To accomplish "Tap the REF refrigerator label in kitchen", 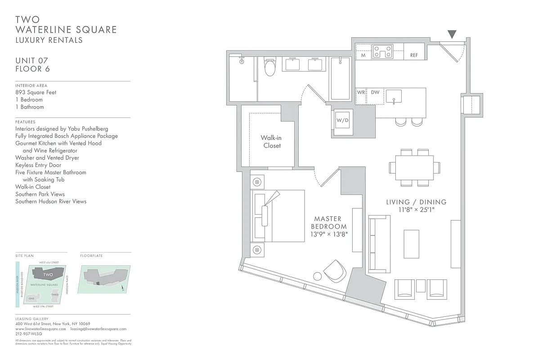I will pos(414,55).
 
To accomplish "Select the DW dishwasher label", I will pos(375,93).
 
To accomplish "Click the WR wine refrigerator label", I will pos(361,93).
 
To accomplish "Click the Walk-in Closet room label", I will pos(272,142).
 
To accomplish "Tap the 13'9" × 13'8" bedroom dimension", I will pos(329,234).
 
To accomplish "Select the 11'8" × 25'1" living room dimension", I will pos(416,210).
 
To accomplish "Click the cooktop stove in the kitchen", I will pos(382,51).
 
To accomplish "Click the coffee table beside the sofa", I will pos(411,244).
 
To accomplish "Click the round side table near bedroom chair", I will pos(318,276).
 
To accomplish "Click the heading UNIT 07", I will pos(31,61).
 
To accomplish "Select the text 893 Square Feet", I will pos(36,92).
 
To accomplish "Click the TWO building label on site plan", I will pos(48,274).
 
